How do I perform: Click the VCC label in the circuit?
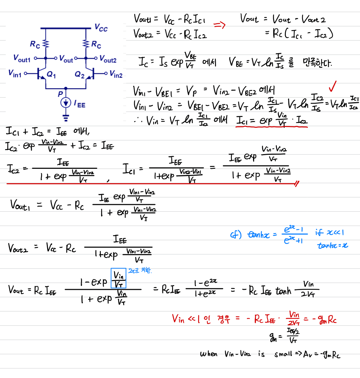pyautogui.click(x=101, y=28)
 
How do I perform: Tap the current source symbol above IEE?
pyautogui.click(x=66, y=103)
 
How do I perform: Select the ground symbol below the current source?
pyautogui.click(x=66, y=117)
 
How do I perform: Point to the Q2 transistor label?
pyautogui.click(x=80, y=75)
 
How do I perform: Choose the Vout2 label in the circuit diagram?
pyautogui.click(x=108, y=58)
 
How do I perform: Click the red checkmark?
pyautogui.click(x=333, y=87)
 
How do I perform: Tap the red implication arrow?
pyautogui.click(x=219, y=25)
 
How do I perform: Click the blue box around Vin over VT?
pyautogui.click(x=118, y=279)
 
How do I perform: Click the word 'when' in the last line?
pyautogui.click(x=209, y=354)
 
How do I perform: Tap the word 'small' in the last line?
pyautogui.click(x=283, y=354)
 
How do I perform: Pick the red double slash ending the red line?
pyautogui.click(x=296, y=184)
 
